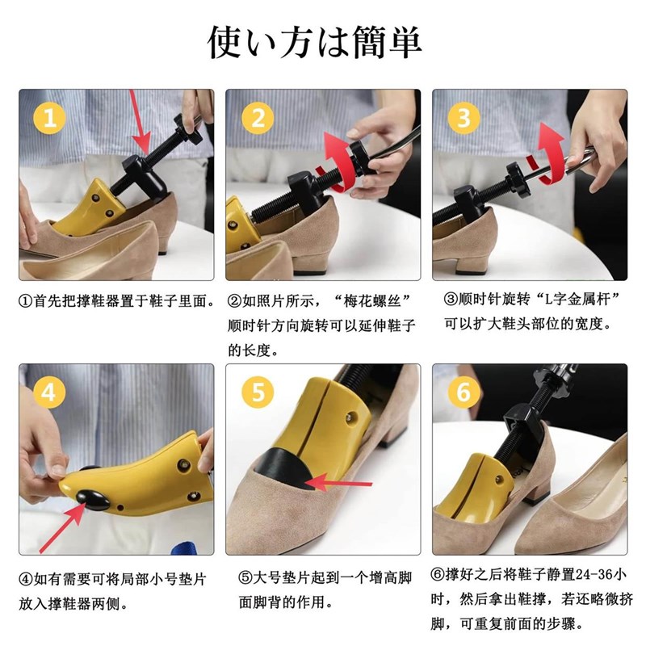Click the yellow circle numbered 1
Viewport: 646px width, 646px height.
point(49,118)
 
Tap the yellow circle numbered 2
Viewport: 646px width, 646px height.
point(258,118)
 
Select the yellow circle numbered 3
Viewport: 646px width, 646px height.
point(464,118)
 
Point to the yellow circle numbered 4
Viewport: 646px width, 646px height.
point(49,392)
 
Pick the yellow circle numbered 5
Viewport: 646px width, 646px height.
point(258,392)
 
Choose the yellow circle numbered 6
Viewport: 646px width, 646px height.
point(464,392)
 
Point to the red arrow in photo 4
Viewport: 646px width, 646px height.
point(63,527)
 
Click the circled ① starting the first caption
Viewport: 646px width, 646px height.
point(26,301)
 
